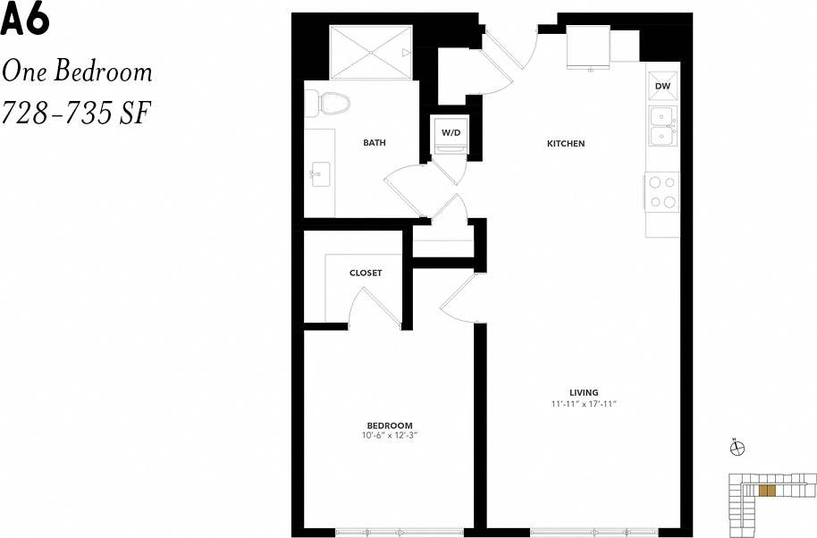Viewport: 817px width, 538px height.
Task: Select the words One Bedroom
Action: [x=77, y=71]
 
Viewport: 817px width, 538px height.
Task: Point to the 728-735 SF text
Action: [x=76, y=113]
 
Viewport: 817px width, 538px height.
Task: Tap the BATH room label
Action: [x=374, y=143]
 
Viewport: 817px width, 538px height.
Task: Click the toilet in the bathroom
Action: [x=331, y=104]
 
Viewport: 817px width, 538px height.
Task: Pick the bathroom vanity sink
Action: [x=318, y=171]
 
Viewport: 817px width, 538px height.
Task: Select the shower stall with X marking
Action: [x=370, y=53]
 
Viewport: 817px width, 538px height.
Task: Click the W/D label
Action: [x=450, y=133]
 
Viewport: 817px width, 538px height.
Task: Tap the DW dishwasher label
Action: [x=662, y=86]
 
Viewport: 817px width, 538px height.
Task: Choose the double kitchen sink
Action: [x=662, y=126]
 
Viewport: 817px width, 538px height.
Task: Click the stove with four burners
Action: [x=662, y=192]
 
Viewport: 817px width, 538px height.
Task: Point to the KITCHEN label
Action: [x=566, y=143]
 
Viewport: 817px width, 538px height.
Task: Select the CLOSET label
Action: [x=366, y=273]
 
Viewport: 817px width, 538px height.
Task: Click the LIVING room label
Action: [x=584, y=392]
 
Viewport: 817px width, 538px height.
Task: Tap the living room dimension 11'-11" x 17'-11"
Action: [x=585, y=405]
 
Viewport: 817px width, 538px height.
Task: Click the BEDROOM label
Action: [x=390, y=425]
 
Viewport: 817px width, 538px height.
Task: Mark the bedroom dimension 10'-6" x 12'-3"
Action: [x=390, y=436]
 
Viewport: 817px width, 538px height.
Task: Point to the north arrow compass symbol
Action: [x=737, y=449]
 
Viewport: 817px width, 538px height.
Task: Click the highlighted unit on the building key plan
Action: [x=766, y=490]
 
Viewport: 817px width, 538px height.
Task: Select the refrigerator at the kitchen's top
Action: [x=588, y=46]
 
